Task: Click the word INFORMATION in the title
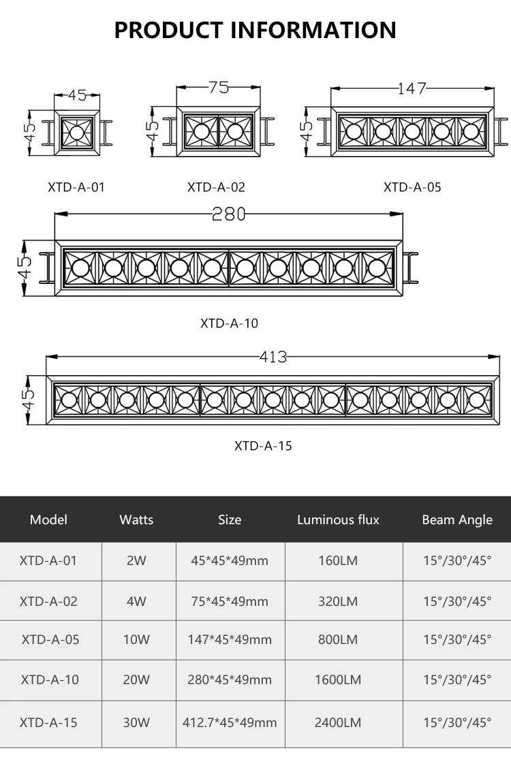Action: [313, 30]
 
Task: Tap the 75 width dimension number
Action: [219, 87]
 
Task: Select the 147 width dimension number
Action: [412, 89]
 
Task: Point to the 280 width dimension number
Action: [228, 214]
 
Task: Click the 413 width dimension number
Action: [273, 356]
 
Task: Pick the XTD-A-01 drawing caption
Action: [76, 187]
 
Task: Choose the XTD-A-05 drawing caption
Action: [412, 187]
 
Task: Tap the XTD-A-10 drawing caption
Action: [229, 323]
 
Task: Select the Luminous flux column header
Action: [338, 519]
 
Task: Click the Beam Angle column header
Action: [457, 519]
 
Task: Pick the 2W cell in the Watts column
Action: [136, 561]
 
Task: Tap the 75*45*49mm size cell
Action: [230, 601]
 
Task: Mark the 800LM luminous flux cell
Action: [338, 640]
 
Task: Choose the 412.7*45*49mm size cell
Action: [230, 722]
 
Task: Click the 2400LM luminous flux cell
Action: [338, 722]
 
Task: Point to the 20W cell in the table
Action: [136, 679]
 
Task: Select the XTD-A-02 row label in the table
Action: [49, 601]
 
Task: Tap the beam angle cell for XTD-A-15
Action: [457, 722]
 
